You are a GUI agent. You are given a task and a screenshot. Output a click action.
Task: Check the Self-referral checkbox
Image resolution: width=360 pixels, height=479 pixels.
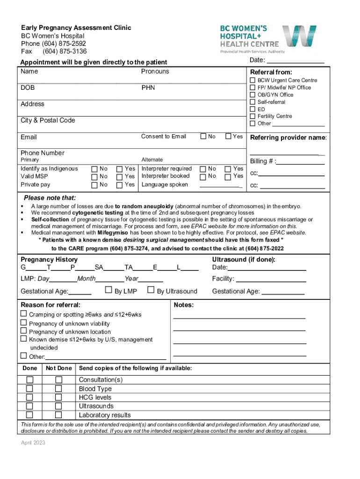tap(252, 102)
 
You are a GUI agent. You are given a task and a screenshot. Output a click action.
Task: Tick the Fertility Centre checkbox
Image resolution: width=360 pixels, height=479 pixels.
tap(252, 116)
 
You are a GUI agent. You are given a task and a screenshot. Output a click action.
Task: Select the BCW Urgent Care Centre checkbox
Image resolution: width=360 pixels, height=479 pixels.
tap(252, 80)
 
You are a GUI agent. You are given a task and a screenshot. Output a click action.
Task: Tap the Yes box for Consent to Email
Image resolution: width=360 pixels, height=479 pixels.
tap(228, 137)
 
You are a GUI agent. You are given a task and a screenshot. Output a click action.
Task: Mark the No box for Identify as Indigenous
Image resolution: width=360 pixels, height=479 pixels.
tap(95, 169)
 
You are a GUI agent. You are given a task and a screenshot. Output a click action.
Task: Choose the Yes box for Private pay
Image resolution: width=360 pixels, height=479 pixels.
tap(120, 185)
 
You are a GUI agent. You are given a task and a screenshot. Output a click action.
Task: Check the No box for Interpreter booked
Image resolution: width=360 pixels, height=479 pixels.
tap(203, 176)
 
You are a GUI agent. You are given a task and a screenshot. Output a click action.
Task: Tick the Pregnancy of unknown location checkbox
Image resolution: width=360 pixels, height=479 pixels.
tap(24, 332)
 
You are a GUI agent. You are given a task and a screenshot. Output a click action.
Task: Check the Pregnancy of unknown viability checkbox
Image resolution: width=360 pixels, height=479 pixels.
tap(24, 323)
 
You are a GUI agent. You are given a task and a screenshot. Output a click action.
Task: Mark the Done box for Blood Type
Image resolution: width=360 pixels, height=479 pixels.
tap(29, 389)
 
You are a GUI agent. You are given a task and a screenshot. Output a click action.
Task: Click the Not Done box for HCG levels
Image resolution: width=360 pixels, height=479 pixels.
tap(58, 398)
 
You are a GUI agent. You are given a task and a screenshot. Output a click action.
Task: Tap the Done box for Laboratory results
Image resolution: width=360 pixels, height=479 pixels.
tap(29, 415)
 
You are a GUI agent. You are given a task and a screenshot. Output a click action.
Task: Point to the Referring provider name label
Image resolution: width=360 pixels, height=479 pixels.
tap(288, 138)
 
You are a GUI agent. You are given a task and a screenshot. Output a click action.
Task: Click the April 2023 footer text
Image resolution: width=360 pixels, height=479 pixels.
tap(33, 443)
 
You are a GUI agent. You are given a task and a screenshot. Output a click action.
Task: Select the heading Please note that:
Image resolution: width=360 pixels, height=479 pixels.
tap(50, 198)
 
